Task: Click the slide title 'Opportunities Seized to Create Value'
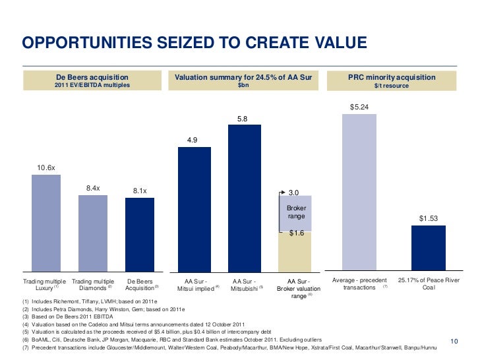[x=194, y=44]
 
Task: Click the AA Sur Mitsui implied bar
[x=195, y=209]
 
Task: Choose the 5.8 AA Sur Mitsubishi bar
[x=245, y=198]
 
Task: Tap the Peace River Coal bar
[x=428, y=249]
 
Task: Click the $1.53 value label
[x=428, y=218]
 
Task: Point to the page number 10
[x=454, y=341]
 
